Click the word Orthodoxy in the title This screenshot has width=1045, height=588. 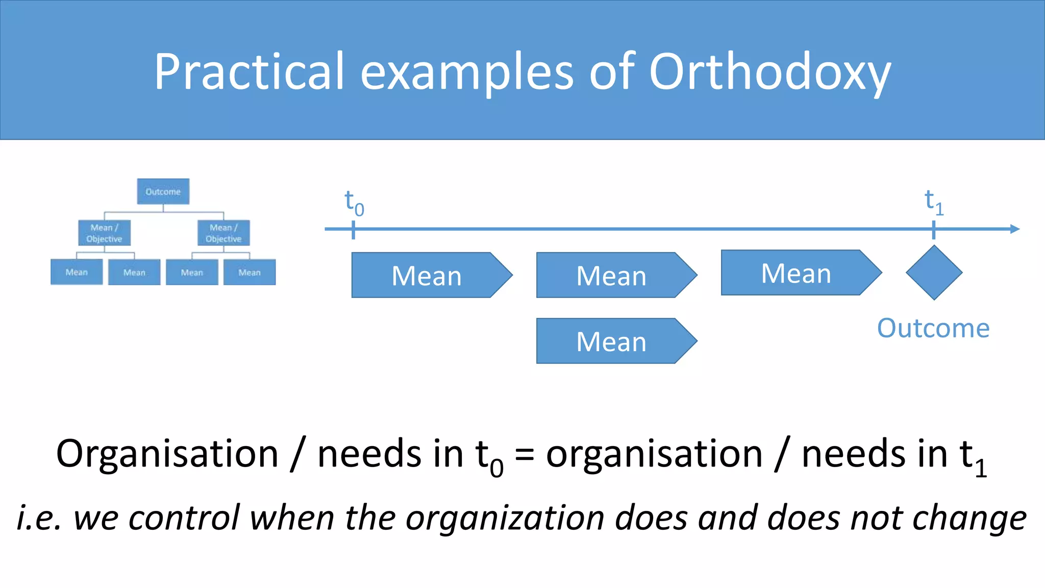pyautogui.click(x=769, y=72)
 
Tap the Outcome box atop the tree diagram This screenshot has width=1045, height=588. pyautogui.click(x=163, y=191)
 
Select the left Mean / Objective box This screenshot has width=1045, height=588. pyautogui.click(x=104, y=233)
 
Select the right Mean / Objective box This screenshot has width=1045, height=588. pyautogui.click(x=223, y=233)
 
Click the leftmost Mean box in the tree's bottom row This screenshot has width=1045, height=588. pyautogui.click(x=77, y=272)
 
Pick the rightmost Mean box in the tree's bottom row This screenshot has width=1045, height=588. pyautogui.click(x=250, y=272)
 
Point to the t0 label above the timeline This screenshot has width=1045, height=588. pyautogui.click(x=354, y=202)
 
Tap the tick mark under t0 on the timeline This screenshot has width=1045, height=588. pyautogui.click(x=353, y=230)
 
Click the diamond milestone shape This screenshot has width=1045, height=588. pyautogui.click(x=934, y=273)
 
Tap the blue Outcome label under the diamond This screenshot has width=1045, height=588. pyautogui.click(x=933, y=328)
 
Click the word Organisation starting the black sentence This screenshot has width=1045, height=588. pyautogui.click(x=167, y=453)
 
